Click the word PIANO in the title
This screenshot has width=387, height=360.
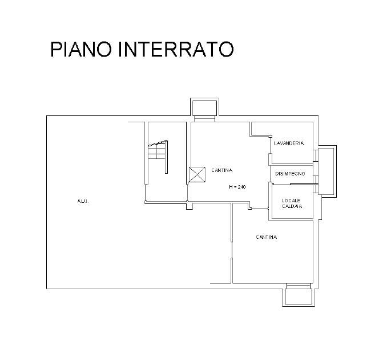coord(82,49)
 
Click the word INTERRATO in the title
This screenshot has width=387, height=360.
coord(176,49)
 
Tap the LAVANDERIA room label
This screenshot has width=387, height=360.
coord(289,143)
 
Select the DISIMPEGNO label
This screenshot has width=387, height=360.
coord(290,174)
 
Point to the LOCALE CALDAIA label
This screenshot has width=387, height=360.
coord(292,202)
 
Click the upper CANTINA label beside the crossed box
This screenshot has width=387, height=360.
coord(221,170)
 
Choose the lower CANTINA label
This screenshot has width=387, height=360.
coord(267,237)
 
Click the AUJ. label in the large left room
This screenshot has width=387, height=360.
coord(83,201)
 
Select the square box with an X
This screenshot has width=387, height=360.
coord(197,174)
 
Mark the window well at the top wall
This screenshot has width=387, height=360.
coord(203,110)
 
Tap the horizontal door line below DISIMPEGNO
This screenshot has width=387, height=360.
coord(303,184)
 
